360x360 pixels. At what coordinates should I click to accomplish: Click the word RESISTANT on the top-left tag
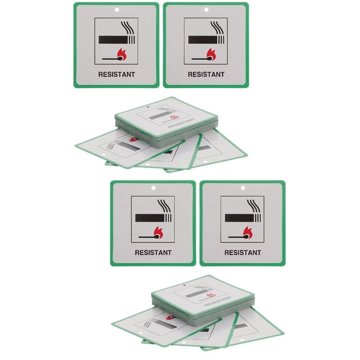tap(116, 74)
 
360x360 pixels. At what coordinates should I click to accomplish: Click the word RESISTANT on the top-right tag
tap(206, 74)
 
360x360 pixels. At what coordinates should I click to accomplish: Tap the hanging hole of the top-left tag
tap(116, 9)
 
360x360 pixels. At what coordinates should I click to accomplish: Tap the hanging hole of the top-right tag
tap(206, 9)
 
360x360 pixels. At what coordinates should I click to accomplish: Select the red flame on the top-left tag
tap(122, 54)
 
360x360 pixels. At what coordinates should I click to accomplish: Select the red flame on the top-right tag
tap(212, 54)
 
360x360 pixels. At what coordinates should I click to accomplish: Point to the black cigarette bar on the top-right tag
tap(201, 39)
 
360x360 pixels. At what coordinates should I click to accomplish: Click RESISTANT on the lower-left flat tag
tap(153, 252)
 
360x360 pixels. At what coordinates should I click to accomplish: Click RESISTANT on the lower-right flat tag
tap(242, 252)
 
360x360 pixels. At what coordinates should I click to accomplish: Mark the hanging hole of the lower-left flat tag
tap(153, 187)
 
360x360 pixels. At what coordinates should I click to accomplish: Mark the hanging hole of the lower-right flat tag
tap(242, 187)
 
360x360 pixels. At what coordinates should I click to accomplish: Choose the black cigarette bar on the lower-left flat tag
tap(148, 218)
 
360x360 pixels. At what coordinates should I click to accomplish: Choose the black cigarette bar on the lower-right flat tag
tap(238, 218)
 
